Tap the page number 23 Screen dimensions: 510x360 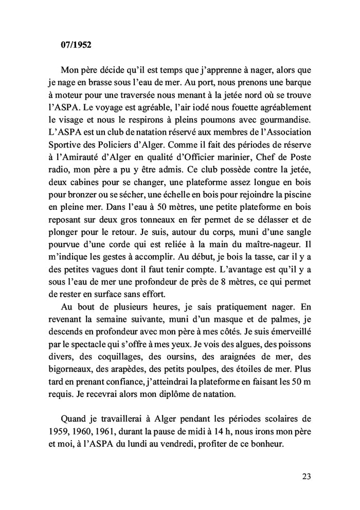coord(306,476)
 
